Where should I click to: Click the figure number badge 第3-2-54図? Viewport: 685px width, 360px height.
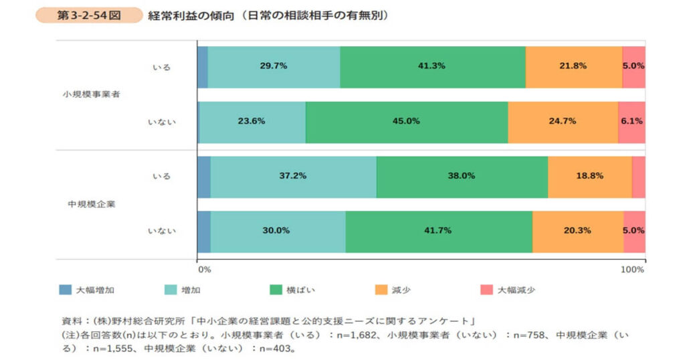(x=89, y=15)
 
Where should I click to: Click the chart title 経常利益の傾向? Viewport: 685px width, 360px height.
(x=268, y=15)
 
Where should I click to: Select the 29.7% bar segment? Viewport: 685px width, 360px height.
(x=274, y=66)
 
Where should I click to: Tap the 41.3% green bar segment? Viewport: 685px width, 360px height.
(x=432, y=66)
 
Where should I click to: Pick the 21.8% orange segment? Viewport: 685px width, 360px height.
(x=573, y=66)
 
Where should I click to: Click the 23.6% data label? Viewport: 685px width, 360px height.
(x=252, y=121)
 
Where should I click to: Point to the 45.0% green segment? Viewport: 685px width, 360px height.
(x=406, y=121)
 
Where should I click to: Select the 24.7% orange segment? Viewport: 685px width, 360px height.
(x=562, y=121)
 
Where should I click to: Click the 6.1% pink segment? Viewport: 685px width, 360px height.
(x=631, y=121)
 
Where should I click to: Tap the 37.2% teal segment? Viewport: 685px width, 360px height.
(x=293, y=176)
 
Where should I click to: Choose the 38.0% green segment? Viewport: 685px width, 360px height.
(x=462, y=176)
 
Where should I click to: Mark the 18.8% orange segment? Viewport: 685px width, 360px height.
(x=589, y=176)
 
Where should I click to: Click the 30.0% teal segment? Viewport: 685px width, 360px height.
(x=278, y=231)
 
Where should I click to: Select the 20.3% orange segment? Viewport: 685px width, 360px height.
(x=577, y=231)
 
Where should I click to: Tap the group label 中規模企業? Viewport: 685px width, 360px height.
(x=92, y=203)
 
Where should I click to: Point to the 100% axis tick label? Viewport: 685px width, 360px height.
(x=632, y=270)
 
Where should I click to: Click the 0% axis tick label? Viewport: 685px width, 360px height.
(x=205, y=270)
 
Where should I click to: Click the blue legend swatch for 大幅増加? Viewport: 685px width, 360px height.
(x=65, y=290)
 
